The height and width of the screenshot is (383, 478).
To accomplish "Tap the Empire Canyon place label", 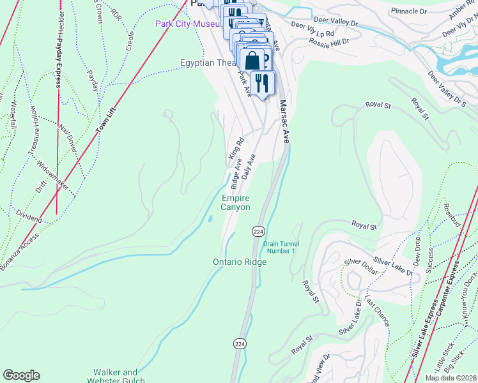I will click(235, 203).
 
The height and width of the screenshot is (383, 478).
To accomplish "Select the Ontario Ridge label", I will click(239, 262).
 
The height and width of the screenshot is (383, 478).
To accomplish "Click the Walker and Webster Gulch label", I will click(116, 377).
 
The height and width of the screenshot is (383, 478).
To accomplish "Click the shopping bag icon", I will click(253, 61).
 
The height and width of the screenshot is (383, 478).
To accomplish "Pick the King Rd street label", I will click(236, 149).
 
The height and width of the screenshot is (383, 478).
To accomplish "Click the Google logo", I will click(21, 375).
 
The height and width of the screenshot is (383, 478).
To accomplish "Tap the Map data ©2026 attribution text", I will click(451, 378).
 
